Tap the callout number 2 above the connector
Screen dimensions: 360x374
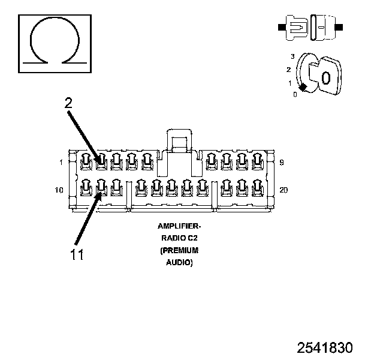(69, 103)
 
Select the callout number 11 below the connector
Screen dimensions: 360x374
(76, 254)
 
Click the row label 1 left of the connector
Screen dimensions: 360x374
(61, 162)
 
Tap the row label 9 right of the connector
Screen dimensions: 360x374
(282, 162)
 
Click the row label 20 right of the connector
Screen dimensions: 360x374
(283, 190)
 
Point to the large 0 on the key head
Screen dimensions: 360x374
(325, 78)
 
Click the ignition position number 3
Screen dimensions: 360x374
(292, 56)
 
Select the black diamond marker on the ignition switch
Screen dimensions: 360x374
(304, 88)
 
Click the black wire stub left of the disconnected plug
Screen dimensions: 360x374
(280, 28)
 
